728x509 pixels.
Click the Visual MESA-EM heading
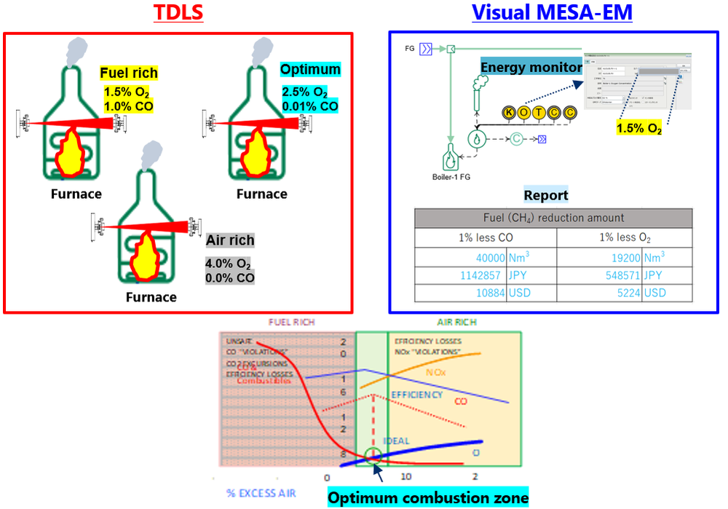pyautogui.click(x=552, y=14)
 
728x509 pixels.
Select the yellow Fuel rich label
pyautogui.click(x=129, y=73)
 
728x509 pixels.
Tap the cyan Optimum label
pyautogui.click(x=310, y=70)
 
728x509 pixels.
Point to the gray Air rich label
pyautogui.click(x=230, y=240)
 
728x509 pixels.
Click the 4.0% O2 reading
pyautogui.click(x=229, y=264)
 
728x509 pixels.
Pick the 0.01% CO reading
pyautogui.click(x=310, y=106)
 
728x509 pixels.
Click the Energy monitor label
pyautogui.click(x=531, y=67)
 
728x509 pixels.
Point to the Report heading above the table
pyautogui.click(x=546, y=195)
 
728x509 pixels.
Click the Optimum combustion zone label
pyautogui.click(x=427, y=497)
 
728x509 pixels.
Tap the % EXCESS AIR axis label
pyautogui.click(x=261, y=493)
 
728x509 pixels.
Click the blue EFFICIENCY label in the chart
pyautogui.click(x=416, y=394)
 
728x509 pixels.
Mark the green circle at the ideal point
pyautogui.click(x=373, y=456)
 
